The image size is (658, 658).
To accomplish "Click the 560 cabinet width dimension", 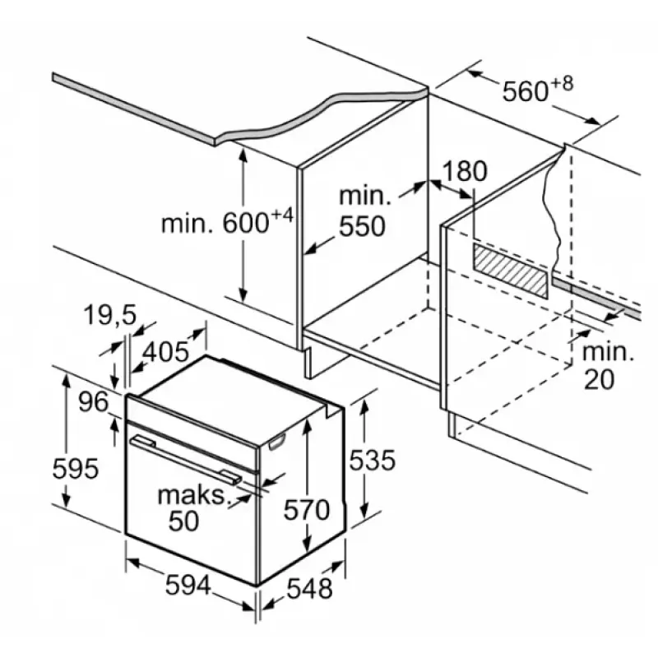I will pos(526,91).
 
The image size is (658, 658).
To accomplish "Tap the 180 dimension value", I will pos(465,172).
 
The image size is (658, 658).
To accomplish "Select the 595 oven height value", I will pos(75,469).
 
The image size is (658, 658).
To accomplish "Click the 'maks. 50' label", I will pos(192,507).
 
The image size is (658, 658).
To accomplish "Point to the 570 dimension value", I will pos(307,510).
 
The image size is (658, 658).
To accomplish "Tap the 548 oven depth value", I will pos(309,588).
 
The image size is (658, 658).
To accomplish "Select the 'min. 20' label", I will pos(609,365).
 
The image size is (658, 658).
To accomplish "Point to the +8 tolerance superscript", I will pos(586,82).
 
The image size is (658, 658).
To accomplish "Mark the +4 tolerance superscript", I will pos(282,216).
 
